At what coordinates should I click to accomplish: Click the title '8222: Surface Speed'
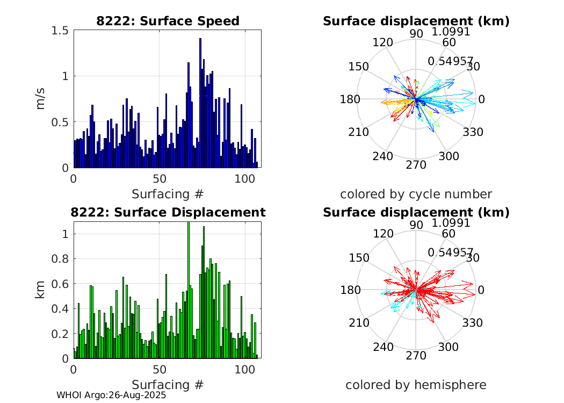(168, 21)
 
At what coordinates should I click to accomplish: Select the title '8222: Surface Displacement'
(168, 212)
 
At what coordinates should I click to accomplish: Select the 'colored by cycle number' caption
(416, 194)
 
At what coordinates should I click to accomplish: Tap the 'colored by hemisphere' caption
(416, 385)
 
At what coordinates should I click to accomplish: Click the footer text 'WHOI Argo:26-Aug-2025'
(111, 395)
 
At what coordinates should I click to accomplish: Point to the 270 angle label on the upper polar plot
(416, 164)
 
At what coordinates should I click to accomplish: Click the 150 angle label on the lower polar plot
(359, 257)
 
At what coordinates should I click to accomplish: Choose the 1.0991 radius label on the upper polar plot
(451, 32)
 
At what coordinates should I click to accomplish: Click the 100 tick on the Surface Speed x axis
(244, 178)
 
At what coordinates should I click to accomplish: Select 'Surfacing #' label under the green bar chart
(168, 385)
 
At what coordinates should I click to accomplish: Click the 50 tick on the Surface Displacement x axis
(159, 370)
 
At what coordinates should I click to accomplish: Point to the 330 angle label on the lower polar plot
(474, 323)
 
